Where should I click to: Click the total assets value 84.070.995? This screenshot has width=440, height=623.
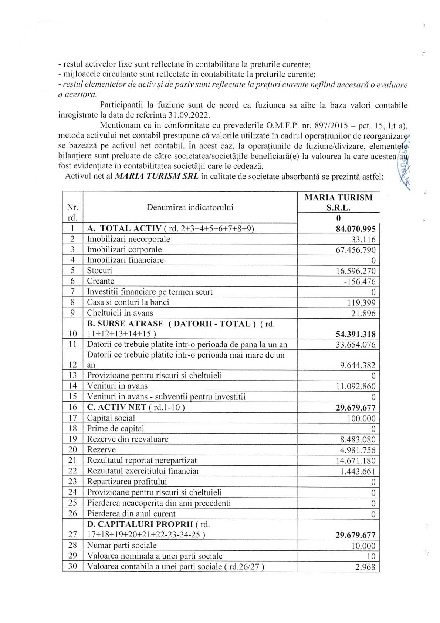[x=355, y=229]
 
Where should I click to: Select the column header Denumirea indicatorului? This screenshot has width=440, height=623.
[x=190, y=207]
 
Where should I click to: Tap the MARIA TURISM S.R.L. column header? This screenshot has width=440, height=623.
[x=338, y=202]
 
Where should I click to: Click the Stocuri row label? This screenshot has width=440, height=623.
[x=99, y=271]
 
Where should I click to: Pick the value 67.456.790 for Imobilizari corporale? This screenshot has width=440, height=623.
[x=355, y=250]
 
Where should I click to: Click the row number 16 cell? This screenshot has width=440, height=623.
[x=73, y=408]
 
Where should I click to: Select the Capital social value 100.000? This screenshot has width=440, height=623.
[x=361, y=419]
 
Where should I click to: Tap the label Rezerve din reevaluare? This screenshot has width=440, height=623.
[x=128, y=439]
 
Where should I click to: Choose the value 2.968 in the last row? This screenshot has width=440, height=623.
[x=365, y=567]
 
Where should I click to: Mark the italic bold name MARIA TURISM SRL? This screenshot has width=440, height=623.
[x=156, y=176]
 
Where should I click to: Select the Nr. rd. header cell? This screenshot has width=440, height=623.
[x=72, y=212]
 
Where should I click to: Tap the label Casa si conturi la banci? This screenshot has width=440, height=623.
[x=128, y=302]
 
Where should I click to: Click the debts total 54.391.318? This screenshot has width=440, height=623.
[x=355, y=334]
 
